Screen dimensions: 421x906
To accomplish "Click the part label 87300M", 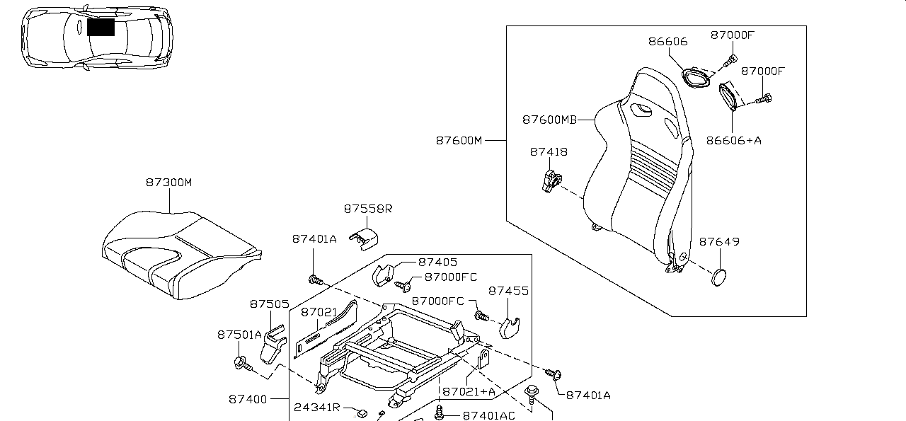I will [168, 183].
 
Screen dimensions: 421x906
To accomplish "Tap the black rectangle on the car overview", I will [101, 27].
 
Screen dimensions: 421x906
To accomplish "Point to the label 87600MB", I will [550, 120].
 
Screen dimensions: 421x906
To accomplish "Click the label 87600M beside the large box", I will [459, 140].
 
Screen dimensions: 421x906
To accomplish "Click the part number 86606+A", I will [734, 140].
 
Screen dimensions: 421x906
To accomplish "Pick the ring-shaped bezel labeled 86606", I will [695, 76].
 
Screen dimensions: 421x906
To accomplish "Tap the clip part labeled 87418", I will [549, 178].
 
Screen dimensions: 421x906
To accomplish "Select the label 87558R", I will [368, 209].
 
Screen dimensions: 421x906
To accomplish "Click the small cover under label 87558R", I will [364, 238].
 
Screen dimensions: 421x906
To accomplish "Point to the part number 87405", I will [437, 262].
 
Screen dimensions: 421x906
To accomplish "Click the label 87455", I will [508, 291].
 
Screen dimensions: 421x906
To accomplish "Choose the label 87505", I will [269, 304].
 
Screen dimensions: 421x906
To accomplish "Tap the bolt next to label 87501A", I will [240, 364].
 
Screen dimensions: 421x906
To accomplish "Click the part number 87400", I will [247, 399].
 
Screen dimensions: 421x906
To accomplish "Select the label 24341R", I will [317, 408].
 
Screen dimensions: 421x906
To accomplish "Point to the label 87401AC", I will [489, 415].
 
